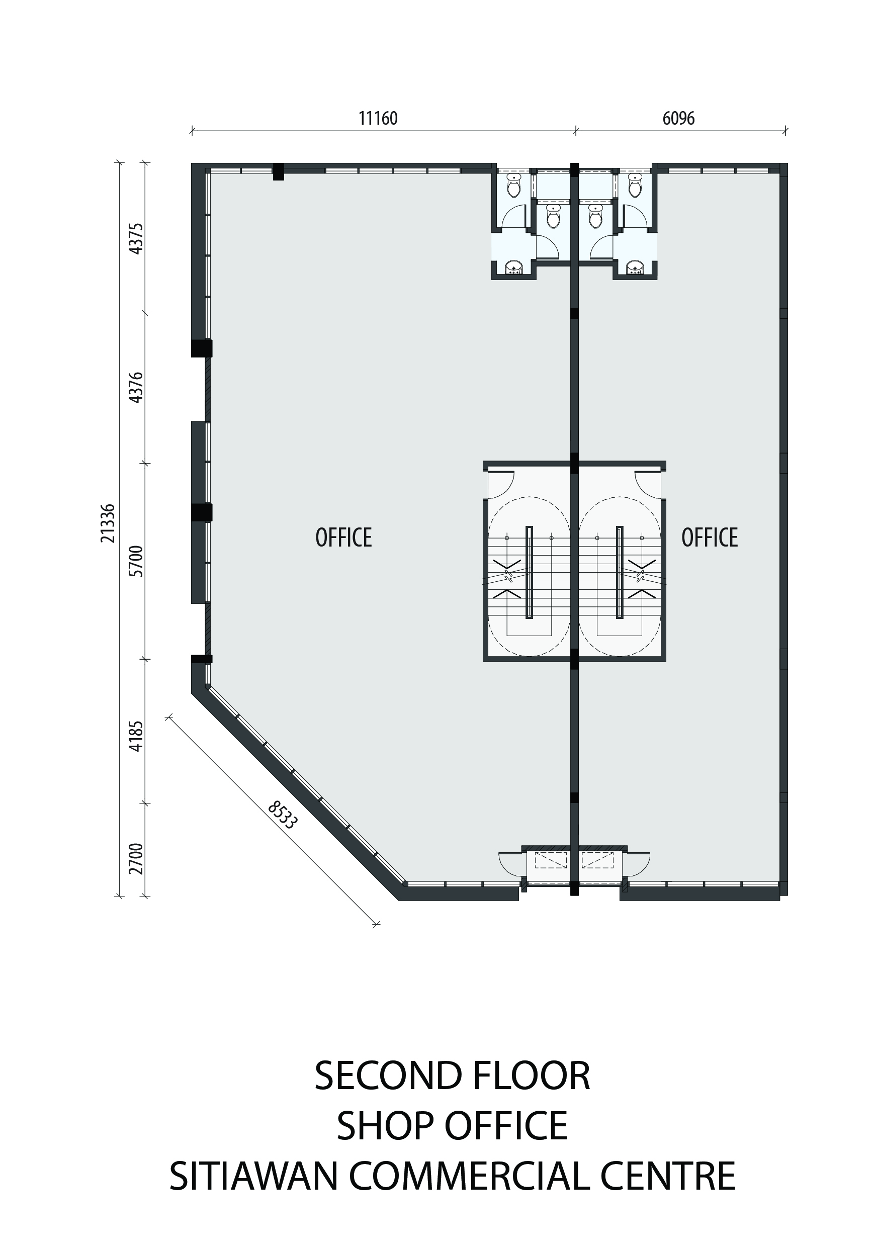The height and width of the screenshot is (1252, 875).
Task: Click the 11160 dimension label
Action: pyautogui.click(x=378, y=118)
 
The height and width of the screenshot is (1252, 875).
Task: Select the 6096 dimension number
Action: pyautogui.click(x=678, y=118)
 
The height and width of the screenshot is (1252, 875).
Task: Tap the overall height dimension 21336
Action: pyautogui.click(x=108, y=523)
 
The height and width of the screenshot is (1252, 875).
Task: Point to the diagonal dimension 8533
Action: pyautogui.click(x=282, y=815)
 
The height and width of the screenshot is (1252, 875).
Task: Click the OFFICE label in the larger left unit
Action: pyautogui.click(x=343, y=538)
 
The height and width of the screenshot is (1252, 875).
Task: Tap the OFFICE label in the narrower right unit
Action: pyautogui.click(x=709, y=538)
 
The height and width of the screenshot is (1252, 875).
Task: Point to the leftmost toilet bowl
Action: pyautogui.click(x=513, y=186)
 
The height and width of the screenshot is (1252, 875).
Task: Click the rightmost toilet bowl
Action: pyautogui.click(x=635, y=186)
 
